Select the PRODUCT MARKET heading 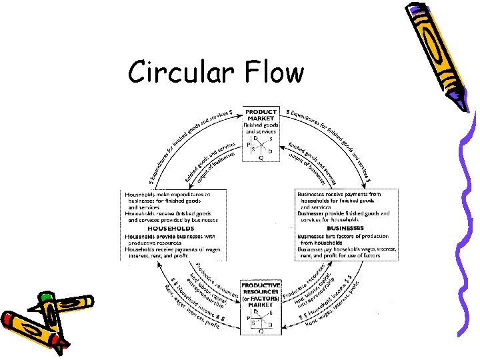(x=261, y=114)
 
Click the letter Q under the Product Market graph (x=261, y=159)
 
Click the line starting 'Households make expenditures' (x=168, y=194)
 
